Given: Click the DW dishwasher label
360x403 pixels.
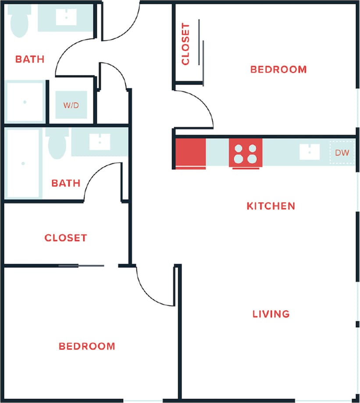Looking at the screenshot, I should [x=342, y=153].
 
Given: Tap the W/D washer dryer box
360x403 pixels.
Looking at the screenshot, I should [x=71, y=105].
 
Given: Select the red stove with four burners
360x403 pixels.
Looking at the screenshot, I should [x=245, y=153].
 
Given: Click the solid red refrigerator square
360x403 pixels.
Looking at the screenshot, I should [x=190, y=153].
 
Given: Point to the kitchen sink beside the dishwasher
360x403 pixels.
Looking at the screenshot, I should [x=310, y=152].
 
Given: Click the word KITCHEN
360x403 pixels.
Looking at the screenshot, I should [x=271, y=206].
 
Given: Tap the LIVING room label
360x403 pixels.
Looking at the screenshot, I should [x=271, y=314].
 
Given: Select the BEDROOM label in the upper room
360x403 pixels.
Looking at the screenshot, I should [x=278, y=69].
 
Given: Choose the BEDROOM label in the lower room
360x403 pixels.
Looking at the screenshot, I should [x=87, y=346].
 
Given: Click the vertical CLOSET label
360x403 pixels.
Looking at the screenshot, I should [x=185, y=44].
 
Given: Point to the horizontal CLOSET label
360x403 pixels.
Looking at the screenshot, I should [x=66, y=238].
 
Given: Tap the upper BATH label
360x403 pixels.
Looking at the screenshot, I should [x=30, y=59].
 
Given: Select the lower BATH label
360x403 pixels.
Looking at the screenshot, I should [x=66, y=183].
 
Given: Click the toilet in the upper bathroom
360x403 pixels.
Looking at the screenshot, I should [x=19, y=20].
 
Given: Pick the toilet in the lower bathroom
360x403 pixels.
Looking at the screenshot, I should [x=57, y=145].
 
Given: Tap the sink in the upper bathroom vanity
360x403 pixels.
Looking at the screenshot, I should [x=66, y=17].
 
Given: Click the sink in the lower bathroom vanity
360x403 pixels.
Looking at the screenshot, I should [x=100, y=142].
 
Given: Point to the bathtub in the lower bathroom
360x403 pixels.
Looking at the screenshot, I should [x=23, y=164].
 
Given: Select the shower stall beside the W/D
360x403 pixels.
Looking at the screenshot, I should [x=25, y=102].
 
